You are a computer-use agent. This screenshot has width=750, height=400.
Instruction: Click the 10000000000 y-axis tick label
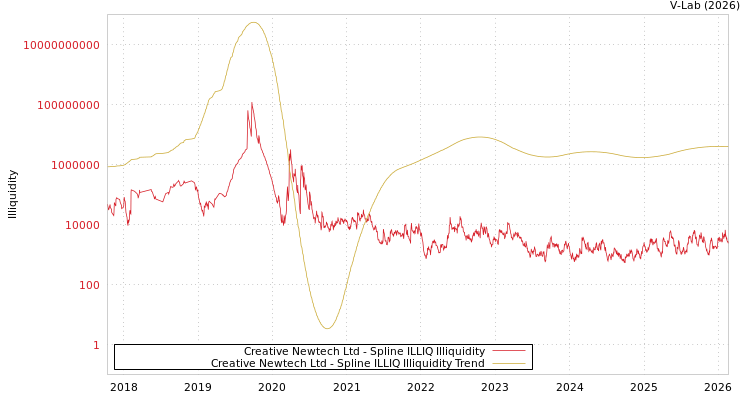coord(61,45)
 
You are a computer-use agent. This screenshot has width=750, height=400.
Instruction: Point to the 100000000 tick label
coord(68,105)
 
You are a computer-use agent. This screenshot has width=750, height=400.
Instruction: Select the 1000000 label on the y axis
coord(74,165)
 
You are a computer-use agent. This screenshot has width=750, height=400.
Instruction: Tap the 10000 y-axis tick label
coord(81,225)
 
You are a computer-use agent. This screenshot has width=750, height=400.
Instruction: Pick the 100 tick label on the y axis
coord(88,285)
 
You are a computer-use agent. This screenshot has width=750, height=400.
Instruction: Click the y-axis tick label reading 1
coord(96,345)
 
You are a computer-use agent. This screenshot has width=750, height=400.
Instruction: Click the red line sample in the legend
coord(509,351)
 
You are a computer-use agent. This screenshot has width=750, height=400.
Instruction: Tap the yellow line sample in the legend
coord(509,363)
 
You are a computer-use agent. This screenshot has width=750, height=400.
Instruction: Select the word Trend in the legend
coord(469,363)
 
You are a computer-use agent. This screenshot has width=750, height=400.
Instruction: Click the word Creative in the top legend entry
coord(267,351)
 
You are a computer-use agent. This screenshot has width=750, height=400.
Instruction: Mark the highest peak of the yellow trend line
coord(253,22)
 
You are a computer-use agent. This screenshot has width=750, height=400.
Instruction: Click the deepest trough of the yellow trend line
coord(327,328)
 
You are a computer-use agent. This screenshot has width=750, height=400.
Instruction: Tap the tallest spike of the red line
coord(252,102)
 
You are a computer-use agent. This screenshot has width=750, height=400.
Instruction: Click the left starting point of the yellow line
coord(108,167)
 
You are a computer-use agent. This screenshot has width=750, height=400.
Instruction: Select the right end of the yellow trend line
coord(727,147)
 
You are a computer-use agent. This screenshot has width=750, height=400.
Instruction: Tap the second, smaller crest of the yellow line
coord(480,137)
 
